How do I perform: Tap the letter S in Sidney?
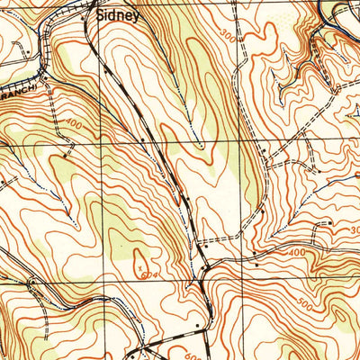(x=101, y=15)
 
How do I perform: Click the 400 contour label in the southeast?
(x=295, y=255)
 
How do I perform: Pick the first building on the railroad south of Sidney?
(x=106, y=67)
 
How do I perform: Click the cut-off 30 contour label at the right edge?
(x=355, y=230)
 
